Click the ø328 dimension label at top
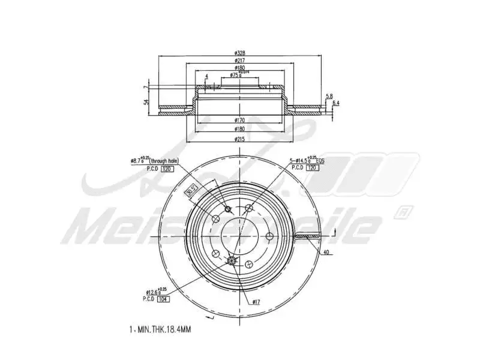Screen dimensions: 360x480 point(239,53)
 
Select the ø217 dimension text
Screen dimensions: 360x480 point(239,61)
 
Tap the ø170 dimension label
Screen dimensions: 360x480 point(239,120)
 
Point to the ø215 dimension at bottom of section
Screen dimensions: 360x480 point(239,140)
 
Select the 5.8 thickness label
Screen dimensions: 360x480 point(329,96)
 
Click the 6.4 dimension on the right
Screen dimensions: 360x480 point(335,103)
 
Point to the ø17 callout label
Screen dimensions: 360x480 point(256,301)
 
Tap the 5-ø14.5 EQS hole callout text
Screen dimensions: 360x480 point(307,161)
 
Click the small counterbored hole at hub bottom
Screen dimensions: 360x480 point(233,260)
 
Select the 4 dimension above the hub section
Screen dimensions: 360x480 point(206,76)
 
